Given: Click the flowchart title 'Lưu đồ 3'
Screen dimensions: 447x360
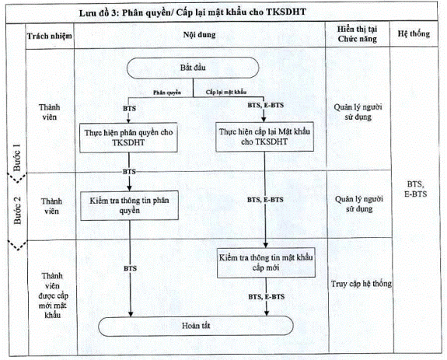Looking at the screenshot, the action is (99, 12).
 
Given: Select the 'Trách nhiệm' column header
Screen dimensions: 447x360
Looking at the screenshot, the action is (50, 37).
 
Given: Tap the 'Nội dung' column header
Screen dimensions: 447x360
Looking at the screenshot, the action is (199, 35).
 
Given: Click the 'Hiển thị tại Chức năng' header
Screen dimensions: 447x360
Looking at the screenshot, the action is (357, 34).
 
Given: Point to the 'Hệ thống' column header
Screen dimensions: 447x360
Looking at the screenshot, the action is (414, 33).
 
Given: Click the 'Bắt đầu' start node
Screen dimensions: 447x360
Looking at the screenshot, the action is (193, 68).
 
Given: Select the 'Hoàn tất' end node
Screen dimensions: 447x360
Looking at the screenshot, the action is (196, 326).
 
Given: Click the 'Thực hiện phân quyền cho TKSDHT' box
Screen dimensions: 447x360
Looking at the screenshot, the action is (128, 138).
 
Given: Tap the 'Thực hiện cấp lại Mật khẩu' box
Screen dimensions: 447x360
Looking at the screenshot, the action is (264, 137).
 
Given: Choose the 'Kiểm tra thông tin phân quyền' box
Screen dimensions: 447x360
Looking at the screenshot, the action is (129, 205).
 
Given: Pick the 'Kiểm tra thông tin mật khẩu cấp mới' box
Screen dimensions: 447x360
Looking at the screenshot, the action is (266, 263).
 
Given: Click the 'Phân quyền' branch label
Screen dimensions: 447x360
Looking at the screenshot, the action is (167, 93).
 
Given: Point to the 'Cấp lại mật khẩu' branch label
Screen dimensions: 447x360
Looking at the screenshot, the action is (226, 92).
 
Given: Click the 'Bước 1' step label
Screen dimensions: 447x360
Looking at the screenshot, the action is (17, 157).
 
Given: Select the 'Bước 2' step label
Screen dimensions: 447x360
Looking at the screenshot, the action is (17, 210).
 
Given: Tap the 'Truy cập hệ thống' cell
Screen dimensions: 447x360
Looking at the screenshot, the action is (361, 284).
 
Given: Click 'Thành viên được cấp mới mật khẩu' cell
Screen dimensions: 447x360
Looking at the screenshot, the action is (52, 295).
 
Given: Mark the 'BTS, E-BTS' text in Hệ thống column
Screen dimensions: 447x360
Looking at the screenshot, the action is (415, 189).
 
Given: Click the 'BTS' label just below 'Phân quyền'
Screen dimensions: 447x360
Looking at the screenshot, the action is (129, 109).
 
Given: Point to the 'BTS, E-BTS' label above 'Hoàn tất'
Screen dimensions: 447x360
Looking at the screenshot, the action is (267, 297).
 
